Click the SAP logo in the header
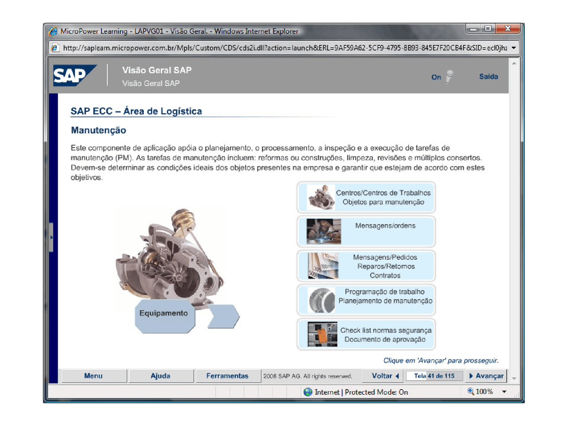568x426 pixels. coord(74,75)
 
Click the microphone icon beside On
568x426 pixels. coord(449,76)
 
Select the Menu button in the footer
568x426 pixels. coord(93,376)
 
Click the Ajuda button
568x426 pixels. coord(160,376)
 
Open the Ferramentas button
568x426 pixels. coord(227,376)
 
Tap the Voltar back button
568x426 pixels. coord(385,376)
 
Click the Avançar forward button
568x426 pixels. coord(487,376)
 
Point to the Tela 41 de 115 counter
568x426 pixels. coord(434,376)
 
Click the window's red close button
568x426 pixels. coord(508,29)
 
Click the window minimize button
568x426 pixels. coord(473,29)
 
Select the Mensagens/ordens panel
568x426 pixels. coord(366,231)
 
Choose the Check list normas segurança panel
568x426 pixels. coord(366,335)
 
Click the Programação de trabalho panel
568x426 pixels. coord(366,300)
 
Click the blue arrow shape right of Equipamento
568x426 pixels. coord(223,316)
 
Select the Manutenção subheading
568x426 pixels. coord(99,130)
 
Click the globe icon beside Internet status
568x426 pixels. coord(308,392)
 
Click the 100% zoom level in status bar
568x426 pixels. coord(484,392)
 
